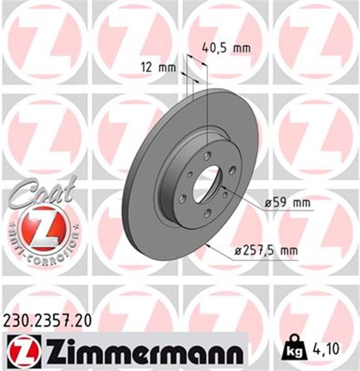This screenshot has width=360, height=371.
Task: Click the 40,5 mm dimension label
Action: (226, 48)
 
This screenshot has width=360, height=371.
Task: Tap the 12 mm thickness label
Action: (158, 67)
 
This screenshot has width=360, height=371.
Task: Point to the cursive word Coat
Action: (41, 191)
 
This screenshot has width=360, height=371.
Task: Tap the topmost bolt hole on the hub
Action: (206, 155)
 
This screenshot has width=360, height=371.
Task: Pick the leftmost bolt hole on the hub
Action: (183, 198)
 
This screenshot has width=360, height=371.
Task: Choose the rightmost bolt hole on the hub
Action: (231, 169)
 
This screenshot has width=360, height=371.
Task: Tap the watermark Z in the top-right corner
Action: (316, 41)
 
